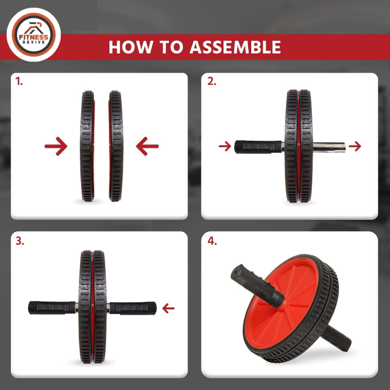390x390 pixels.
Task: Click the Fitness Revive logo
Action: coord(34,34)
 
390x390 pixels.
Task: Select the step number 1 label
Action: coord(19,82)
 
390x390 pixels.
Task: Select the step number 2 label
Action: coord(212,82)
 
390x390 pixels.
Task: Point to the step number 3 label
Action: coord(20,241)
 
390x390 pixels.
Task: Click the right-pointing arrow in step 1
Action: coord(56,146)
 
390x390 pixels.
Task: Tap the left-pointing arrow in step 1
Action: coord(147,146)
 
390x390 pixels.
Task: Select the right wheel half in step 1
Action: coord(115,146)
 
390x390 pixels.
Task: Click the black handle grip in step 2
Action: coord(257,146)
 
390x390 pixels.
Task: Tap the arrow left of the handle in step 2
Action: coord(225,146)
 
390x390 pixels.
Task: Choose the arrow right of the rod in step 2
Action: coord(355,146)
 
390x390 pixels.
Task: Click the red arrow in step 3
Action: coord(168,308)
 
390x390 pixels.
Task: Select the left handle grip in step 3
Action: coord(51,308)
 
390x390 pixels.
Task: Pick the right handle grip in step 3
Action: coord(134,308)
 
